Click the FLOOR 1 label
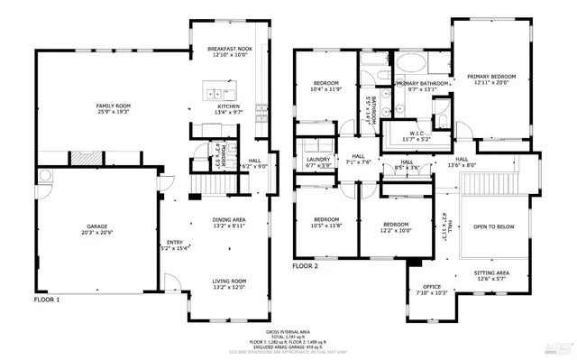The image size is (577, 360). coord(47,299)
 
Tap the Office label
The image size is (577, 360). coord(433,287)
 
